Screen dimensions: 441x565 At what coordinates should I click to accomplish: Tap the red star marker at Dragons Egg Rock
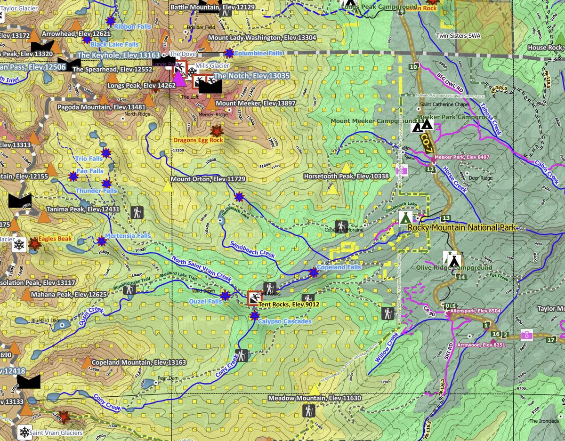[x=217, y=131]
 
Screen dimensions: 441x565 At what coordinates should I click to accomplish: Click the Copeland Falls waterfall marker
[x=314, y=273]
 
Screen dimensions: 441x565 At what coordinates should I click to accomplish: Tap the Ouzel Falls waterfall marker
[x=225, y=296]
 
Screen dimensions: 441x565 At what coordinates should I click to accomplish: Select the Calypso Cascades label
[x=284, y=321]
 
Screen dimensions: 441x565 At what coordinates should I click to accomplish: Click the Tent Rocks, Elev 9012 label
[x=289, y=305]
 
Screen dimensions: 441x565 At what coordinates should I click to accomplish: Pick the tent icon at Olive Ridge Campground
[x=453, y=259]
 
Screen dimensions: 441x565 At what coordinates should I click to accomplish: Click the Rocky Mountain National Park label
[x=462, y=228]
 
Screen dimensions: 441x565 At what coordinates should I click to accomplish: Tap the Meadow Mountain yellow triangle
[x=314, y=390]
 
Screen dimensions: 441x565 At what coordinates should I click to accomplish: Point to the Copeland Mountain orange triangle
[x=87, y=362]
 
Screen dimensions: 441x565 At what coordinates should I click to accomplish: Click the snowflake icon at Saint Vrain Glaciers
[x=24, y=432]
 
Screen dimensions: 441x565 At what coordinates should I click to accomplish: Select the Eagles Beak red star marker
[x=34, y=244]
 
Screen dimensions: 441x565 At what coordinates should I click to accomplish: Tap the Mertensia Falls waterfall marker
[x=101, y=241]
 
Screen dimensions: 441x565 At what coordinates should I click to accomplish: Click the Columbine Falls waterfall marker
[x=229, y=53]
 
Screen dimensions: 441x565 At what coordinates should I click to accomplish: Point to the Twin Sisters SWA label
[x=458, y=36]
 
